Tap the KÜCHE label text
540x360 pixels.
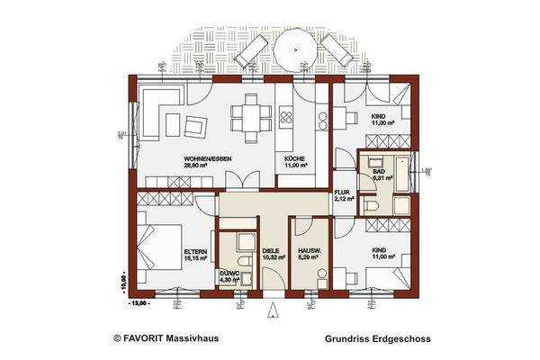pyautogui.click(x=294, y=158)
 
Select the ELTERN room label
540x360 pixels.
pyautogui.click(x=196, y=251)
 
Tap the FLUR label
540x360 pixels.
pyautogui.click(x=342, y=192)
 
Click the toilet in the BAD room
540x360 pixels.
pyautogui.click(x=372, y=204)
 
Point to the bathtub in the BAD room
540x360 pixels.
pyautogui.click(x=397, y=171)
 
